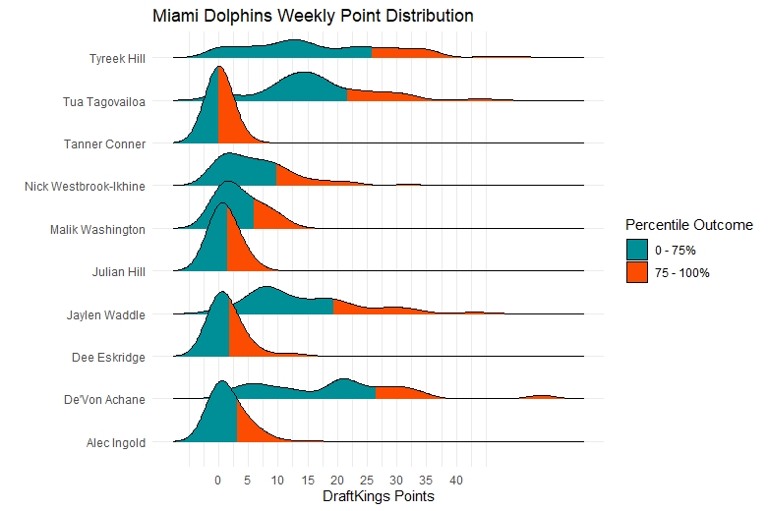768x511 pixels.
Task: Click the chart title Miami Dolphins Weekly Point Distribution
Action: pos(313,17)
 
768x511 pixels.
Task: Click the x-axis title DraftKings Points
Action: pos(379,497)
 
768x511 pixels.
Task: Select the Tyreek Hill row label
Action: pos(116,58)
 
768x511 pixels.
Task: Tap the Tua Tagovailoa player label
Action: pos(105,101)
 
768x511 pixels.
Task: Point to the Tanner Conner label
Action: pos(105,144)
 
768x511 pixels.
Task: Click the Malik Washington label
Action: pos(98,229)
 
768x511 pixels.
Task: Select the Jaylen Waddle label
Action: pos(107,314)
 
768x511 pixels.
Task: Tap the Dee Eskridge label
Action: pos(109,358)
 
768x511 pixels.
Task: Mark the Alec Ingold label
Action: pos(116,442)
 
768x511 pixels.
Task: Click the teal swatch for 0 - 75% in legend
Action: pos(637,251)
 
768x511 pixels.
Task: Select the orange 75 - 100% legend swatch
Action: pos(637,272)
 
